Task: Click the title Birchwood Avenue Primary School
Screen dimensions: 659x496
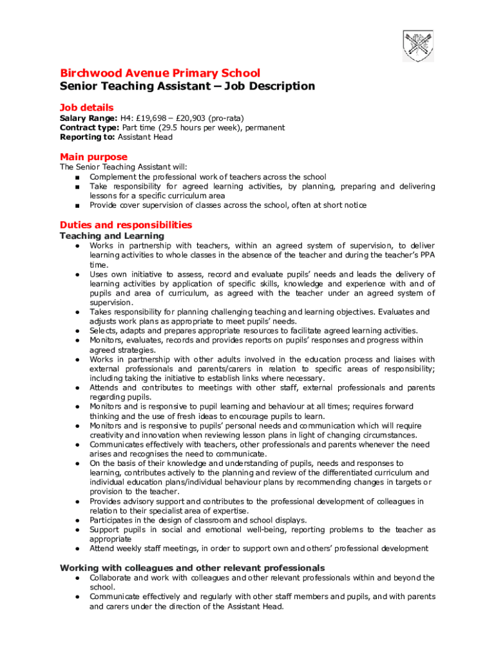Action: pos(160,73)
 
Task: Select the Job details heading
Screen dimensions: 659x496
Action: pos(86,107)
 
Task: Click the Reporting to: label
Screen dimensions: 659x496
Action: pos(88,137)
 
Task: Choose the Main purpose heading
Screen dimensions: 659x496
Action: pos(93,157)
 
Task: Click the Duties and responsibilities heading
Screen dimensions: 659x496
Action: pos(126,225)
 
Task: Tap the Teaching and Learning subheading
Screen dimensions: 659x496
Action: pos(111,236)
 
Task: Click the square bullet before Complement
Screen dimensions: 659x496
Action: pos(77,178)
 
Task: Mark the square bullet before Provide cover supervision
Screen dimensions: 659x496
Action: pos(77,206)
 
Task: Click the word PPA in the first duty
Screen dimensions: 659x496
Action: pos(426,255)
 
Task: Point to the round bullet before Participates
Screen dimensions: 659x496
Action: pos(77,520)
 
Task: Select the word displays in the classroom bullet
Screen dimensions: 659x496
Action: pos(291,520)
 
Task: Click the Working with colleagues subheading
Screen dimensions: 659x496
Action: pos(192,568)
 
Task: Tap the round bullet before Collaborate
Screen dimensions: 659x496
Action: pos(77,578)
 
